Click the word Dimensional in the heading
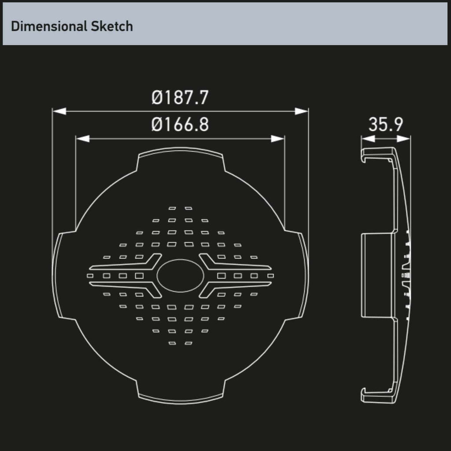point(49,26)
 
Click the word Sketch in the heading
point(112,26)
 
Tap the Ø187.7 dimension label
point(180,97)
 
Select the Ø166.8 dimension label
point(180,125)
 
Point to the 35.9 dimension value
point(386,124)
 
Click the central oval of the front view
point(180,276)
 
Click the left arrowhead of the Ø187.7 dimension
point(59,111)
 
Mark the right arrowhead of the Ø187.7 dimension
point(301,111)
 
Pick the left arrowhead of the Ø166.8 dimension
point(83,139)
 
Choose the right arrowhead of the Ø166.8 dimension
point(277,139)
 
